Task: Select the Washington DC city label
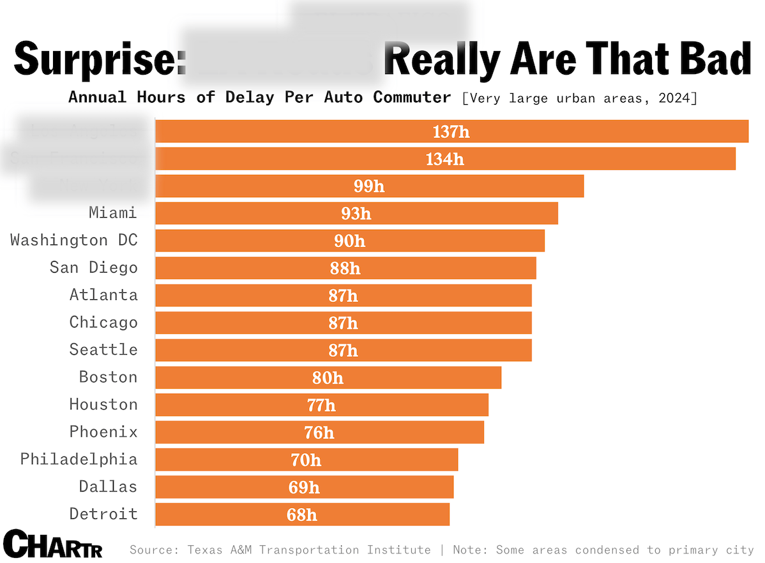[74, 241]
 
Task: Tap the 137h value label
[451, 131]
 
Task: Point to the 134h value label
[445, 159]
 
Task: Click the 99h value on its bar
[370, 186]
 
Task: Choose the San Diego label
[94, 267]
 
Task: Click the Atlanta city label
[103, 295]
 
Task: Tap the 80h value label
[328, 378]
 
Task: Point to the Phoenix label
[103, 432]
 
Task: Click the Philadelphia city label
[79, 460]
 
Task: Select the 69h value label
[304, 488]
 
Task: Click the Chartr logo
[52, 544]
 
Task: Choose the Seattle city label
[103, 350]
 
